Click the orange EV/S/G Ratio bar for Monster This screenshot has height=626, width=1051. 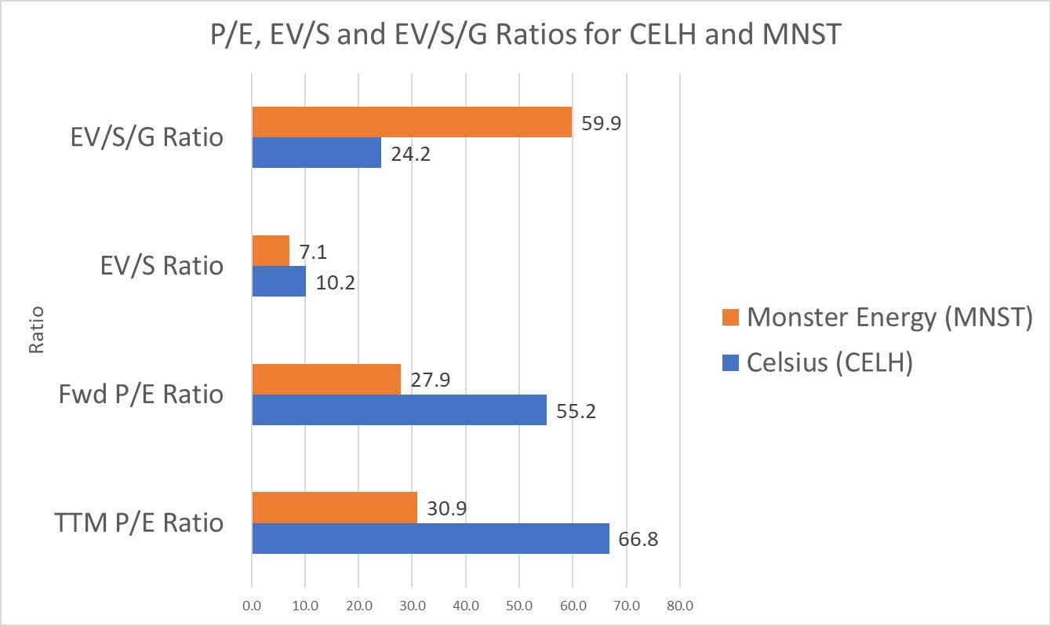[x=412, y=122]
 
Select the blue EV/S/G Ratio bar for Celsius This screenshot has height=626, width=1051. [x=316, y=152]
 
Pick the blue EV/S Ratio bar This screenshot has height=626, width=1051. [x=278, y=281]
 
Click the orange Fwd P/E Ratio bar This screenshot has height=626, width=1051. [x=326, y=379]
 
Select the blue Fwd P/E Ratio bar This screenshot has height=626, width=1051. [x=399, y=409]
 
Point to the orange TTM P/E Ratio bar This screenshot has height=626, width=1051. [x=334, y=508]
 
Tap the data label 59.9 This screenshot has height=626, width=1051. [x=602, y=123]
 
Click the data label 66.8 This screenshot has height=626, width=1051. [x=638, y=540]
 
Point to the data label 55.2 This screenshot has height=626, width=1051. [x=576, y=411]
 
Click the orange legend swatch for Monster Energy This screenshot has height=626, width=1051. [x=731, y=318]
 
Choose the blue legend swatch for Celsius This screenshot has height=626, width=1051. [x=731, y=364]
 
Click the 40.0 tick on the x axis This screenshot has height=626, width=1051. [x=466, y=606]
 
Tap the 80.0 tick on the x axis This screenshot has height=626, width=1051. [x=679, y=606]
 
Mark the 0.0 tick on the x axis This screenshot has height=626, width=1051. [x=252, y=606]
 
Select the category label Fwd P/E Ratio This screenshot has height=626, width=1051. [x=141, y=395]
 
